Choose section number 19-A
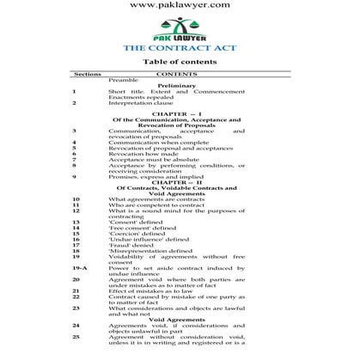coord(77,267)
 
